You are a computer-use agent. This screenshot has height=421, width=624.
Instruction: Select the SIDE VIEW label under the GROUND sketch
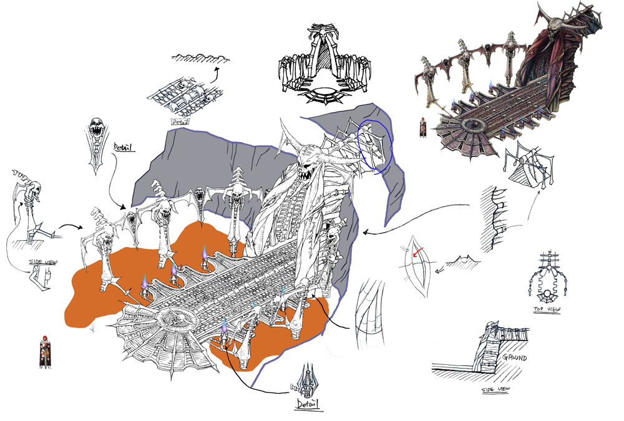(496, 390)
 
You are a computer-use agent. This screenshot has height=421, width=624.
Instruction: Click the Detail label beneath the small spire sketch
(306, 404)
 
